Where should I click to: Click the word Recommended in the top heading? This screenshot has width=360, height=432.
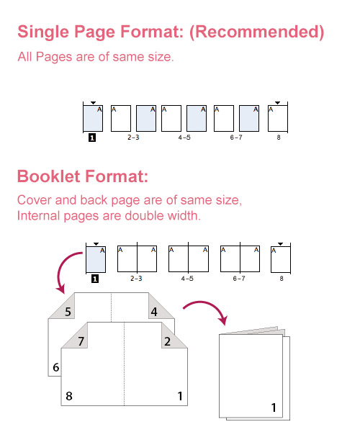tap(261, 32)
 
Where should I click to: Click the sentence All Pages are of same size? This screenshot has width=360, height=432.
tap(95, 57)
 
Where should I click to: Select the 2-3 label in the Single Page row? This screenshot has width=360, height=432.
tap(133, 136)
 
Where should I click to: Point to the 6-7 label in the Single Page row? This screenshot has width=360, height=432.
tap(236, 136)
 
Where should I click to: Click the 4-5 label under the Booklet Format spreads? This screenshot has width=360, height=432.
tap(187, 277)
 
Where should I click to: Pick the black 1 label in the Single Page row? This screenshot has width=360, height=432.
tap(92, 136)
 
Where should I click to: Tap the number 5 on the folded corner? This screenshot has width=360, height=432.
tap(67, 312)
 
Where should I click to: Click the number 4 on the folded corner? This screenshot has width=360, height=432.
tap(153, 312)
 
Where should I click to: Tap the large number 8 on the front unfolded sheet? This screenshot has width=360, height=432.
tap(68, 395)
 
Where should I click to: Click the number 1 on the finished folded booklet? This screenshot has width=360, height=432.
tap(274, 408)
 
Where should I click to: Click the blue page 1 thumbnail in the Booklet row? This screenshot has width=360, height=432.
tap(96, 258)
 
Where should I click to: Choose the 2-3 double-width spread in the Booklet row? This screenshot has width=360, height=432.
tap(136, 258)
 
